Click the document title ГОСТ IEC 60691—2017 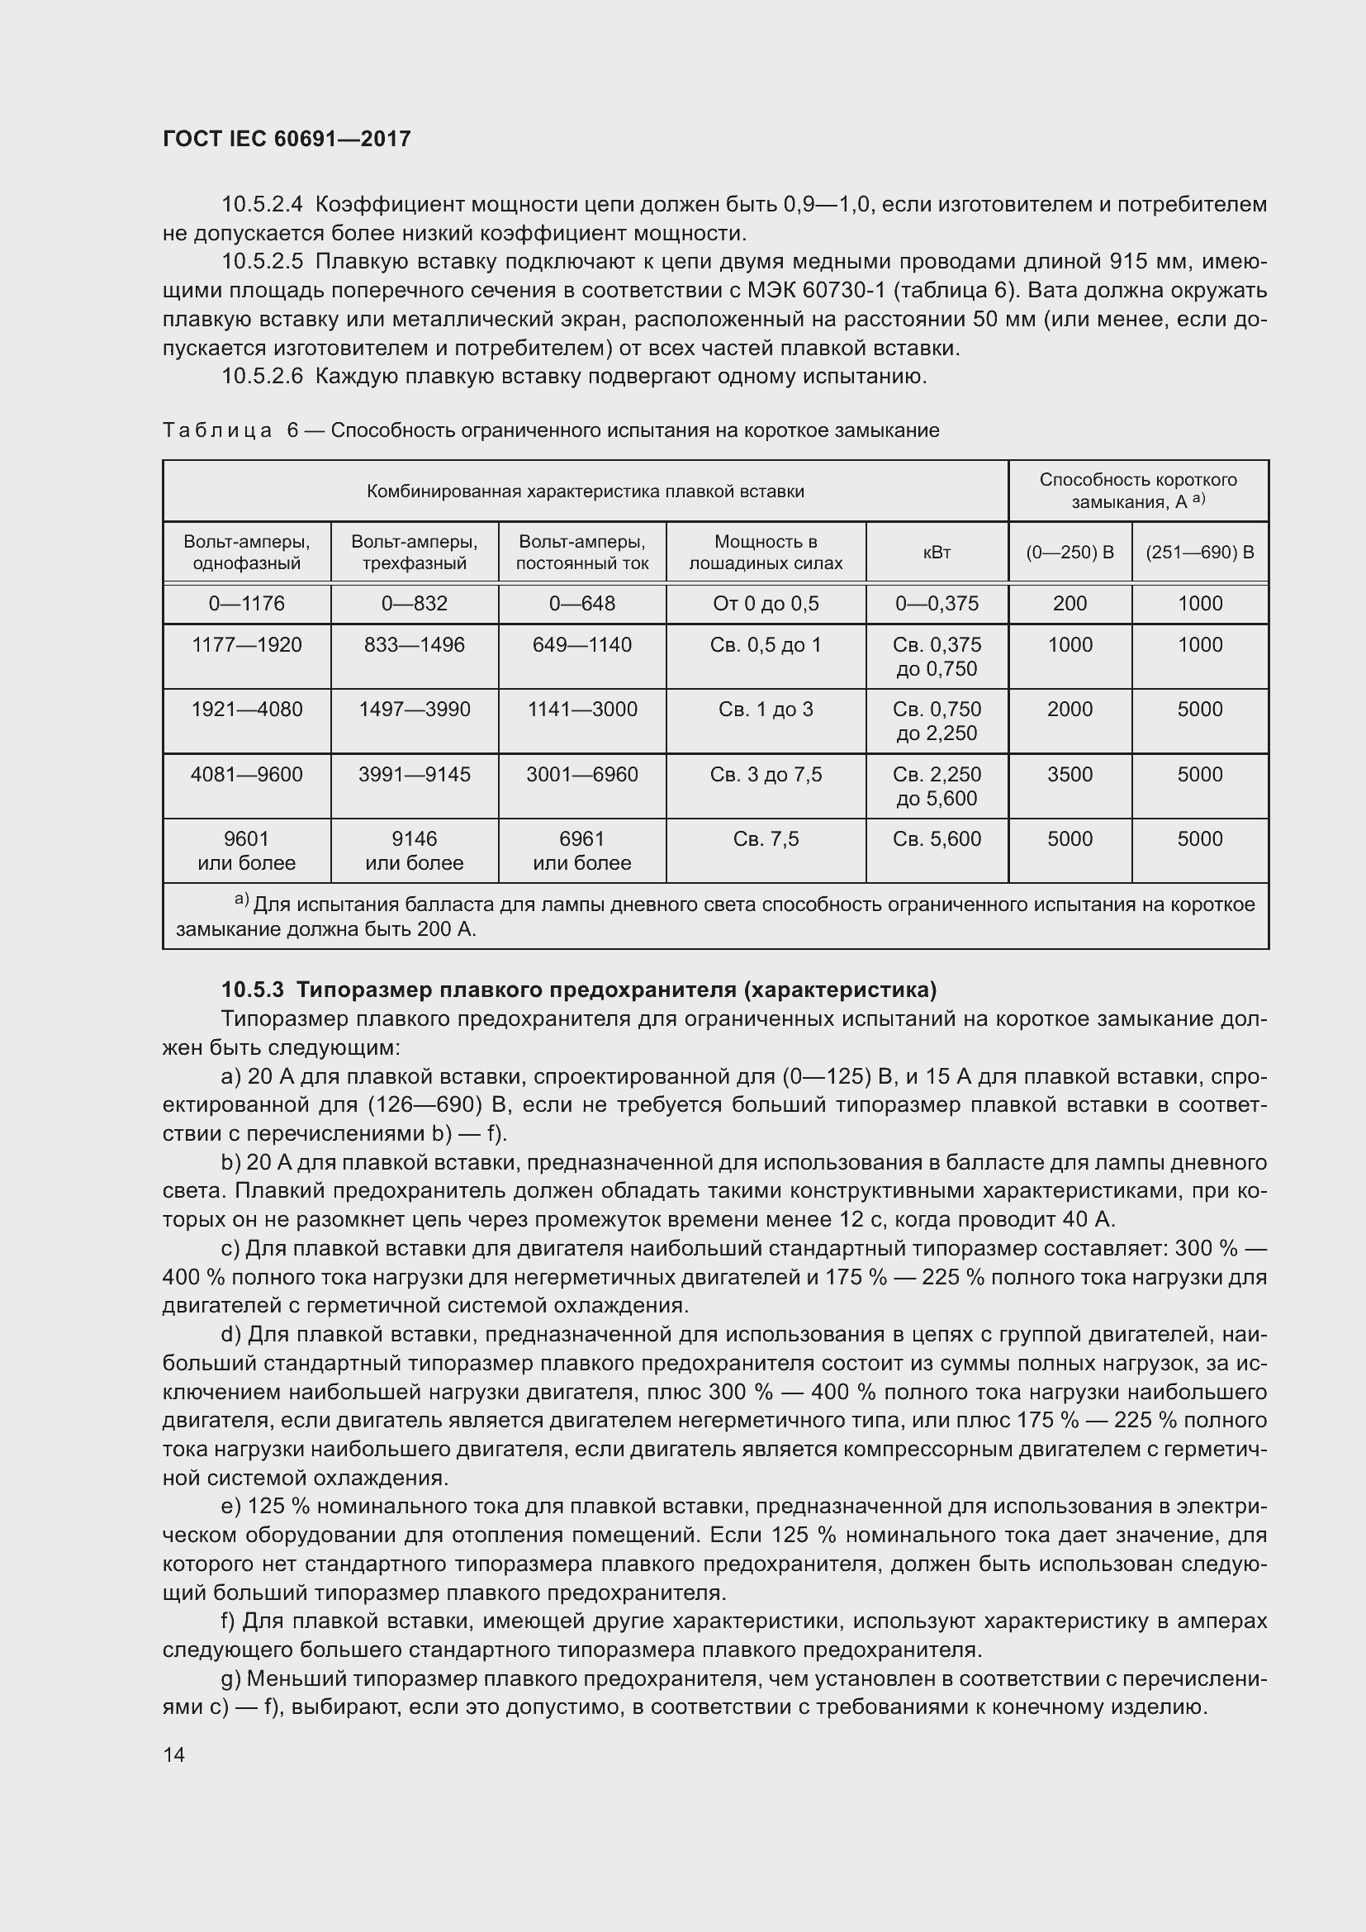click(287, 139)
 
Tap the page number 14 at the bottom click(174, 1754)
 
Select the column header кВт click(937, 552)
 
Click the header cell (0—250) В click(1069, 552)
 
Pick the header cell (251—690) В click(1199, 552)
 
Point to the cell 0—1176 click(246, 603)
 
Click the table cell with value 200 click(1069, 603)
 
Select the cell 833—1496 click(414, 644)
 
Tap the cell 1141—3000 click(582, 710)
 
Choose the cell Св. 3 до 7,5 click(766, 774)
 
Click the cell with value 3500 click(1069, 774)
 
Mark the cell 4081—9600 click(246, 774)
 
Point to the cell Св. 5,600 click(937, 839)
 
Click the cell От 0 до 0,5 click(766, 603)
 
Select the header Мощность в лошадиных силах click(766, 552)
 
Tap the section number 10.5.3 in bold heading click(254, 989)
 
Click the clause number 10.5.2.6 click(262, 376)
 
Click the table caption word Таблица click(217, 431)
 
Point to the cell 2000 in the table click(1069, 710)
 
